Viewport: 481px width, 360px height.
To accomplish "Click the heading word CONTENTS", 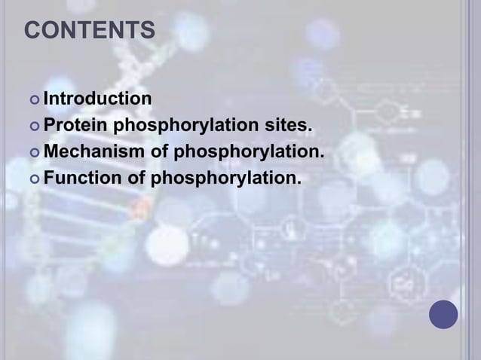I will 90,32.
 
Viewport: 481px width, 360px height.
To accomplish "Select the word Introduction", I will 97,98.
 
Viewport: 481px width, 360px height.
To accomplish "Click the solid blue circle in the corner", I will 443,314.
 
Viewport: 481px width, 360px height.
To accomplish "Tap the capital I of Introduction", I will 46,98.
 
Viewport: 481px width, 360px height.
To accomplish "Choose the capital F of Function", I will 49,179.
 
